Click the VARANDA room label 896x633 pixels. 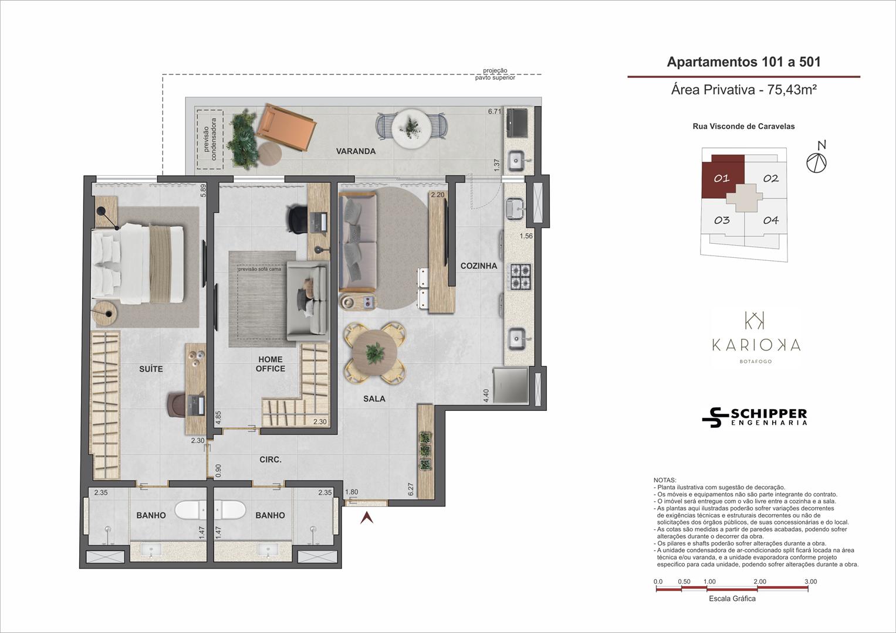356,151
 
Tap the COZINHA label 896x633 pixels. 479,266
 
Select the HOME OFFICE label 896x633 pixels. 271,364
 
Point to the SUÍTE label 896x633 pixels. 151,369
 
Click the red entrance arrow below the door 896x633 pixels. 367,518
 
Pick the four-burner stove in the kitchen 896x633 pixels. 520,277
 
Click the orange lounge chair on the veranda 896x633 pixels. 286,128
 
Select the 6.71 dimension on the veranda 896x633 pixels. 495,111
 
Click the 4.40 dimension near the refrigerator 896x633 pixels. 486,396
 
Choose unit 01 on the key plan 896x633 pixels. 722,178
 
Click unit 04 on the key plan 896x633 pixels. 770,220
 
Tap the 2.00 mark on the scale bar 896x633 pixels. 760,581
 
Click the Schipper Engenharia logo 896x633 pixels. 755,417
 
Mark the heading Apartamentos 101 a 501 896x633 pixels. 743,62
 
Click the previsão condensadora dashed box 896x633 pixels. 210,139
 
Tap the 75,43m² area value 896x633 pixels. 792,90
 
